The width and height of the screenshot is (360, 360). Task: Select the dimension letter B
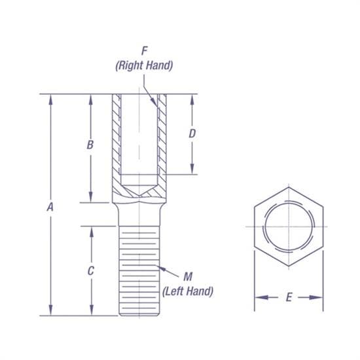pos(91,145)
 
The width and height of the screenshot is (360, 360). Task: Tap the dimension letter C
pos(91,270)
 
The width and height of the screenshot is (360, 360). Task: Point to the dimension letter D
pos(192,133)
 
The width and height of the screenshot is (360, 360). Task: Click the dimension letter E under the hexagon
pos(289,298)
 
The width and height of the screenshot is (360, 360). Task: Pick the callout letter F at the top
pos(143,50)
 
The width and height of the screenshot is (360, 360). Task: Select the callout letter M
pos(188,276)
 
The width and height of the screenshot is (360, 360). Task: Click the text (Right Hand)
pos(143,65)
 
